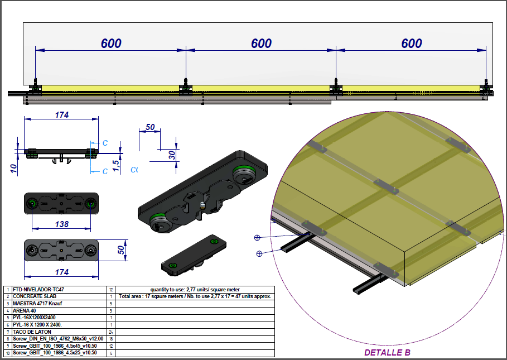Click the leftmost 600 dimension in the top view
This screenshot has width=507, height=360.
[111, 44]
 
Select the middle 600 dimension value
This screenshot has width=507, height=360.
[261, 44]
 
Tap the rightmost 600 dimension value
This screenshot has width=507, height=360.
[411, 44]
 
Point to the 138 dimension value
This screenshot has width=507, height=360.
[62, 224]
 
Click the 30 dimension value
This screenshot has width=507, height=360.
[172, 154]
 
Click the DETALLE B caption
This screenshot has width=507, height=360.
[387, 353]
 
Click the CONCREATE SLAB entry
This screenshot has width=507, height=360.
[36, 296]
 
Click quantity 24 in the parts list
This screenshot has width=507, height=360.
[112, 332]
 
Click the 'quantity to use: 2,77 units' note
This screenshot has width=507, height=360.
[195, 290]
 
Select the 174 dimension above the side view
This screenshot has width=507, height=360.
[61, 115]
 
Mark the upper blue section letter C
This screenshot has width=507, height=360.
[105, 143]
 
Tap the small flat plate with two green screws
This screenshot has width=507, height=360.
[192, 254]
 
